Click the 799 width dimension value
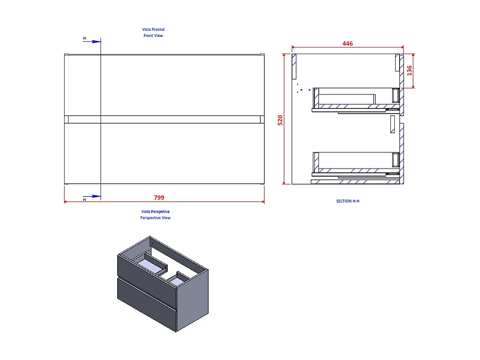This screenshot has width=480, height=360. tap(159, 198)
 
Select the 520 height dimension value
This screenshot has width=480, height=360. tap(280, 120)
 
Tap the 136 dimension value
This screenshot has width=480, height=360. tap(409, 70)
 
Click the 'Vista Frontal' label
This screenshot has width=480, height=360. tap(153, 29)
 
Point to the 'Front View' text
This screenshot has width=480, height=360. tap(153, 36)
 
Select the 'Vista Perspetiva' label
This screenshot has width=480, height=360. tap(155, 211)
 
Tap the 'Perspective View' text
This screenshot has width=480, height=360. tap(155, 218)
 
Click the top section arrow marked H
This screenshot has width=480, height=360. tap(92, 41)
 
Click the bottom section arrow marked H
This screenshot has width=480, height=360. tap(92, 196)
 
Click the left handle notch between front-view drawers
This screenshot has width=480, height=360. tap(67, 119)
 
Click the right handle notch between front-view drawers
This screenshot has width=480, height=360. tap(262, 119)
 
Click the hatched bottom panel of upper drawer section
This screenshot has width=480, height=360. tap(351, 106)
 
